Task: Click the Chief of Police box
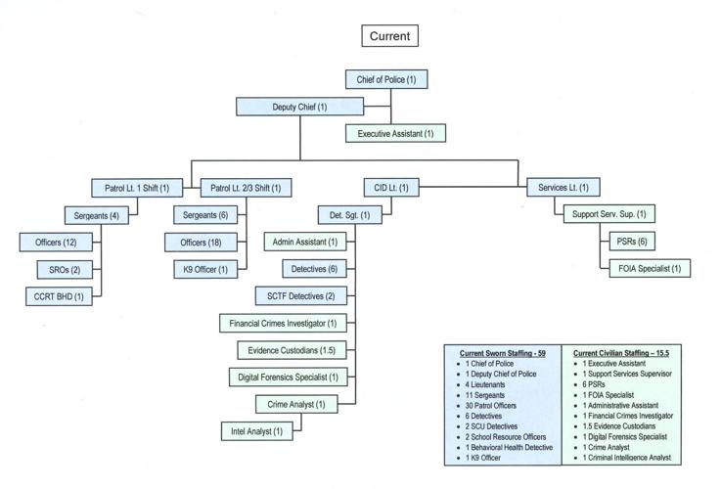pos(386,79)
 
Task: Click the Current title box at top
pos(389,36)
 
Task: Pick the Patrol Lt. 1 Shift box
pos(137,187)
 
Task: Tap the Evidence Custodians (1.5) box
pos(293,349)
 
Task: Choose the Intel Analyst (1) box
pos(258,429)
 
